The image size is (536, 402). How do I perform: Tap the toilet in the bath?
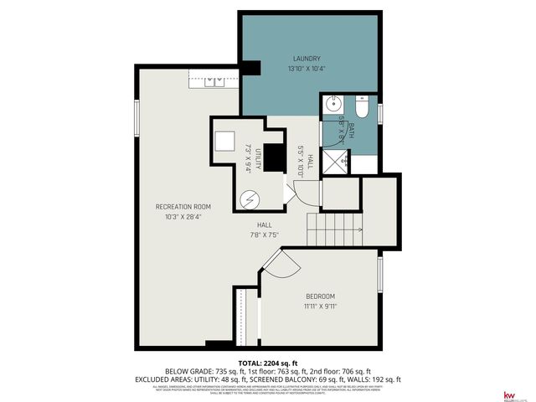point(361,109)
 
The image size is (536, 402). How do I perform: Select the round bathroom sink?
point(332,106)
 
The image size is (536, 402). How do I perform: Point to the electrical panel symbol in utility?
point(250,200)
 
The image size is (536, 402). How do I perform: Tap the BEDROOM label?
point(320,296)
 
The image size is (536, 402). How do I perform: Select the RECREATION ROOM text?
point(183,206)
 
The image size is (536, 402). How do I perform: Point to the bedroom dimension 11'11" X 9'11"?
point(320,307)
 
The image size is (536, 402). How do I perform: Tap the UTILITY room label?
point(259,158)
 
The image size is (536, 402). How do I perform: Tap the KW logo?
point(508,394)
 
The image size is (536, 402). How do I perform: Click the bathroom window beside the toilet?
point(379,111)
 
